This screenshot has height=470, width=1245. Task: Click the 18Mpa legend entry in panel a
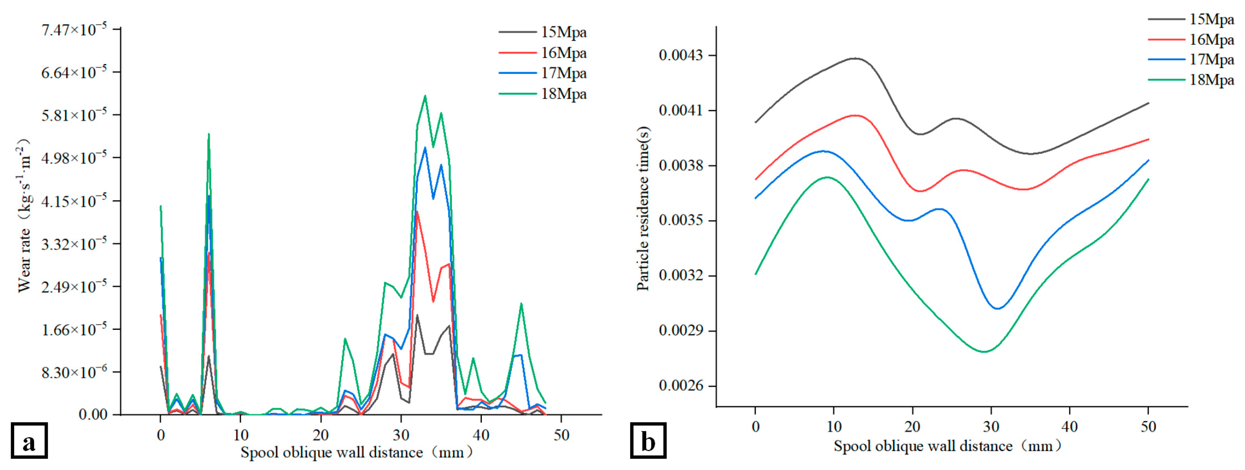click(563, 94)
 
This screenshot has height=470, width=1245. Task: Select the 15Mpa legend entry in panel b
click(1211, 19)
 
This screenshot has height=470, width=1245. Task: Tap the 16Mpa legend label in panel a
click(563, 53)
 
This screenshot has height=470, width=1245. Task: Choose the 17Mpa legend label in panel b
click(1211, 60)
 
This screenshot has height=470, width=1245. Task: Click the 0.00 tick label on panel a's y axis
click(93, 414)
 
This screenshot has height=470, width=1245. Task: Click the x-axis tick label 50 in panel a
click(561, 435)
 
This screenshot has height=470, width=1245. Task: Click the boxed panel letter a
click(29, 440)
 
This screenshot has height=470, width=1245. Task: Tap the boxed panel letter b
click(648, 440)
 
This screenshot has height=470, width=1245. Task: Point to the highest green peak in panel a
click(425, 96)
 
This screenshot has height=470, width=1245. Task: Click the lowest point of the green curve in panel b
click(984, 352)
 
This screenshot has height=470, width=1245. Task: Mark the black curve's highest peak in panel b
click(855, 58)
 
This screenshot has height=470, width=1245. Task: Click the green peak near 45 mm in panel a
click(521, 303)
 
